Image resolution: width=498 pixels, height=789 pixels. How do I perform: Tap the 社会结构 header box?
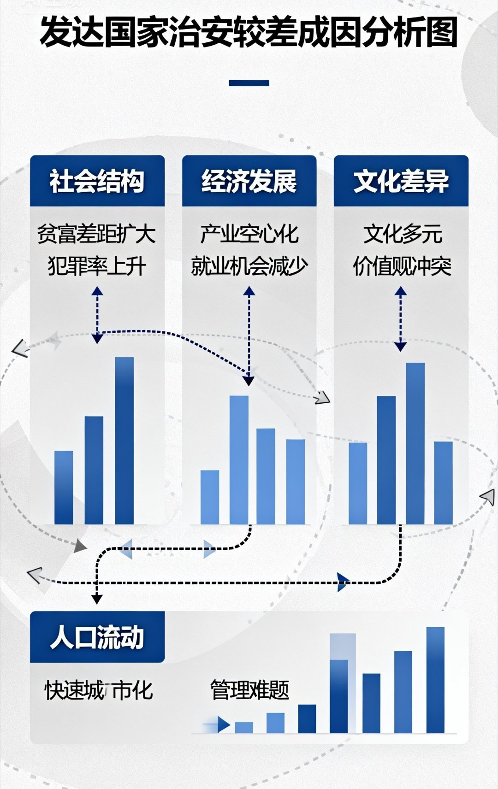(97, 181)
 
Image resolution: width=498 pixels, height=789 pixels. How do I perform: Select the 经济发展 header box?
(249, 181)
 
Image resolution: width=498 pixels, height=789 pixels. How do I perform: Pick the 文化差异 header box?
(401, 181)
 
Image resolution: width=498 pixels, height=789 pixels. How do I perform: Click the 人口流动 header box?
(97, 637)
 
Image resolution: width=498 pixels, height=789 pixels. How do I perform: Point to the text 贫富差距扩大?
(96, 234)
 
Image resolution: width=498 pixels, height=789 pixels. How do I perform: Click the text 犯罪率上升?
(97, 266)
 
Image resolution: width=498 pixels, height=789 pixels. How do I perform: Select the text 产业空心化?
(249, 234)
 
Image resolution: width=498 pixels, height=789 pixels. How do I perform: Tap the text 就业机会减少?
(249, 266)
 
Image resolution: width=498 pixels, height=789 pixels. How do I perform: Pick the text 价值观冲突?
(402, 266)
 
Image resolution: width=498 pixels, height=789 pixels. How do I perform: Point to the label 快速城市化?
(98, 690)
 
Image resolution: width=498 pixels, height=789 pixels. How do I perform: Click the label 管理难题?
(249, 690)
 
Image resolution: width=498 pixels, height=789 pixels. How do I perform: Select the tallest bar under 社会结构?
(124, 440)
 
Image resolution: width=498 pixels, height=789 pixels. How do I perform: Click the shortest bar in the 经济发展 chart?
(210, 497)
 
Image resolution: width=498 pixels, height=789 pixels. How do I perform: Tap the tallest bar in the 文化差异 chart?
(415, 443)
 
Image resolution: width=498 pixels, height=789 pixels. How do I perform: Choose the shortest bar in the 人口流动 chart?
(244, 727)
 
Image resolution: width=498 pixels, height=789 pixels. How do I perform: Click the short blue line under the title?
(249, 83)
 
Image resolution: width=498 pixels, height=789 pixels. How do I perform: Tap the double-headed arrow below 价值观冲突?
(400, 318)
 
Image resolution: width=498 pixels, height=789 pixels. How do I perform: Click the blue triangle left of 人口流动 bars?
(224, 724)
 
